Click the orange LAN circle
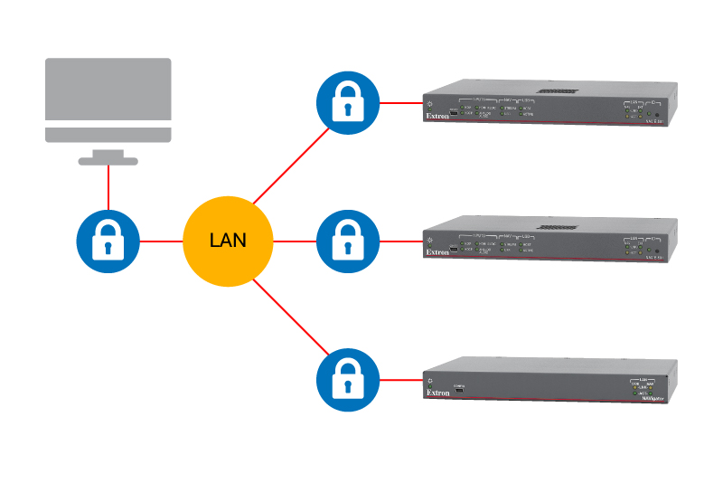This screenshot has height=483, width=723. tap(227, 241)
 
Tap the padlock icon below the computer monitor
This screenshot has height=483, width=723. tap(108, 241)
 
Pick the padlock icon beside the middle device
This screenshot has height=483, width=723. tap(347, 241)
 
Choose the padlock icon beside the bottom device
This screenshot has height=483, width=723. tap(347, 381)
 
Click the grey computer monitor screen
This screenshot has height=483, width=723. tap(108, 90)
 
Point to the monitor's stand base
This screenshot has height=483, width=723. tap(108, 161)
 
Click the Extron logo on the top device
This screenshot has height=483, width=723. tap(438, 117)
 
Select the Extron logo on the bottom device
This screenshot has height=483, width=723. tap(438, 393)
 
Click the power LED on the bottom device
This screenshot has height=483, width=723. tap(431, 381)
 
